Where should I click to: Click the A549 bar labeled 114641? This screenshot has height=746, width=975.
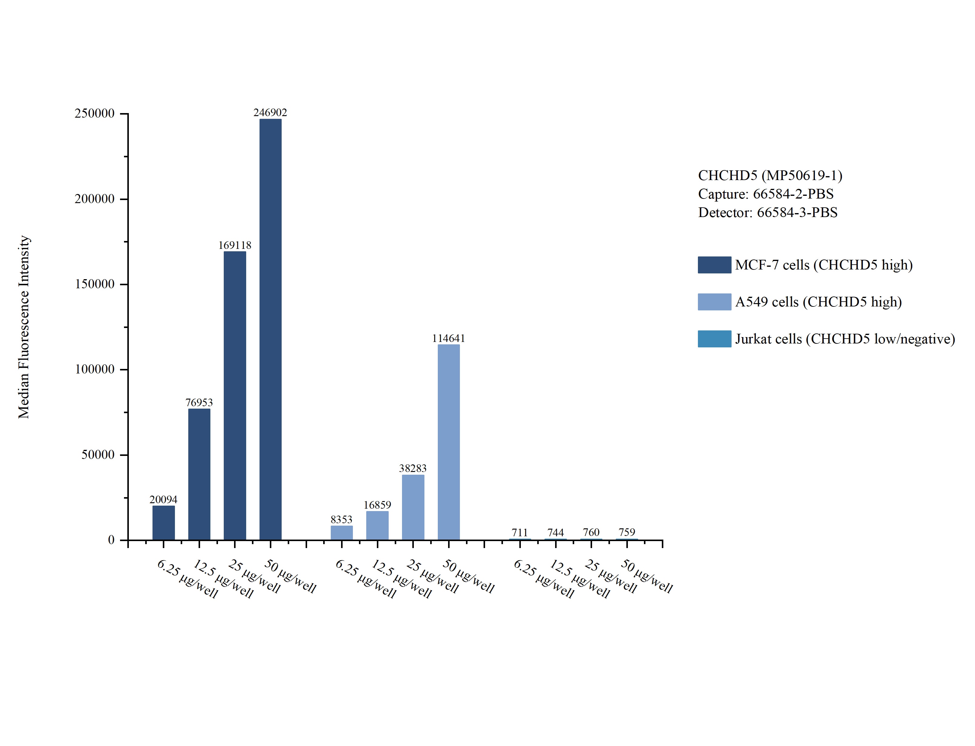coord(448,442)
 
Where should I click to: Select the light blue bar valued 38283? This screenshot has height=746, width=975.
coord(413,507)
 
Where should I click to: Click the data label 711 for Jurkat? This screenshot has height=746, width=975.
coord(519,532)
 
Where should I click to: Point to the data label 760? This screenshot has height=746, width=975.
coord(591,532)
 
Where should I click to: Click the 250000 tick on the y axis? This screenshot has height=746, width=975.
coord(95,114)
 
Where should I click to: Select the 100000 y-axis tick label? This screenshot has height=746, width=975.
coord(95,370)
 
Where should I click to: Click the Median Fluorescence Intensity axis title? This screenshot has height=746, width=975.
coord(24,327)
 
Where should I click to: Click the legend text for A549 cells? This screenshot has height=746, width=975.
coord(818,302)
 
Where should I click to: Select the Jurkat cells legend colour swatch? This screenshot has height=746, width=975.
coord(714,339)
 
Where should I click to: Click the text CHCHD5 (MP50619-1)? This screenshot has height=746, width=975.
coord(770,176)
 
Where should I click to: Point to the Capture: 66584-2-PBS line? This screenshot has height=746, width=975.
coord(766,194)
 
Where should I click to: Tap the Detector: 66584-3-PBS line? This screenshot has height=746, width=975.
coord(767,213)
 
